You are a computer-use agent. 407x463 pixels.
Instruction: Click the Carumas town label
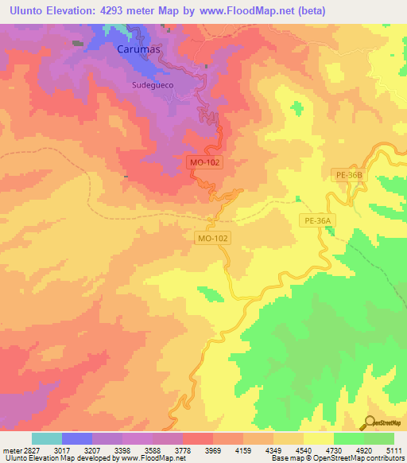[x=138, y=49]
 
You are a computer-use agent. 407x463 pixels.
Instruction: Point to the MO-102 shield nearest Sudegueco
[x=205, y=161]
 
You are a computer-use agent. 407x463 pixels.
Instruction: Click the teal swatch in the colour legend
[x=47, y=438]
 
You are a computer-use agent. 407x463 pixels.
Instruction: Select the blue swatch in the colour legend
[x=77, y=438]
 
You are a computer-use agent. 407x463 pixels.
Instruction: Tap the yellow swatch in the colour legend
[x=318, y=438]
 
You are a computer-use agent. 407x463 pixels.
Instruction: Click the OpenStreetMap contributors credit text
[x=352, y=458]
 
